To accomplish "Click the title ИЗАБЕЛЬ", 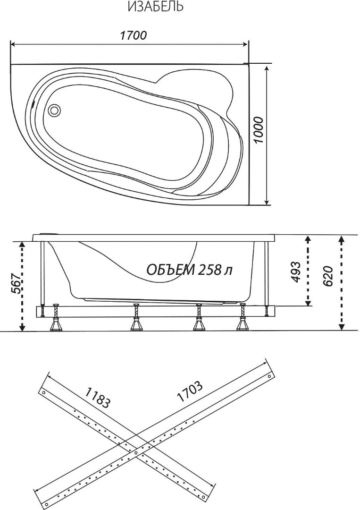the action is coord(155,7).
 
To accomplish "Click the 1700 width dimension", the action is coord(133,35).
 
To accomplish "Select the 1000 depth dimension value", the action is coord(260,130).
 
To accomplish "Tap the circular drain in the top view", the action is coord(54,110).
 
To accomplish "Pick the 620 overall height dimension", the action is coord(328,276).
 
